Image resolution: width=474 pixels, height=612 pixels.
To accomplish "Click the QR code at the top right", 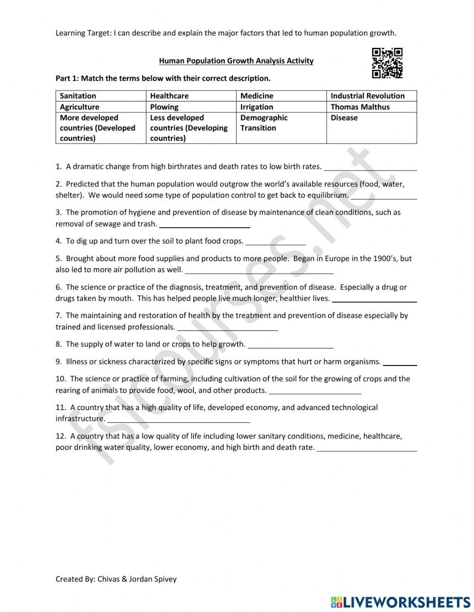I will tap(387, 63).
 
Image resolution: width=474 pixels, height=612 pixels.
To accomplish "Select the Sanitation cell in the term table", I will tap(100, 96).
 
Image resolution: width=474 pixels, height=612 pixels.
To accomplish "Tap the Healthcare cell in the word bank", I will tap(191, 96).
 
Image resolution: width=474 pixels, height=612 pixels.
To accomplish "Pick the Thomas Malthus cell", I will tap(371, 107).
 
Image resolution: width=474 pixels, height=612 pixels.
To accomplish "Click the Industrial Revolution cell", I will tap(371, 96).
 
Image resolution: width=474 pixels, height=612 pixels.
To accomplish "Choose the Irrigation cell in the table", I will tap(281, 107).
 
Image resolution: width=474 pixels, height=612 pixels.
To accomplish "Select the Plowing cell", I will tap(191, 107).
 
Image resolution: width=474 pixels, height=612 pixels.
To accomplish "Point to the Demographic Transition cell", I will tap(281, 128).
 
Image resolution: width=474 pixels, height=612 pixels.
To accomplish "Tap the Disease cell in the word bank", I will tap(371, 128).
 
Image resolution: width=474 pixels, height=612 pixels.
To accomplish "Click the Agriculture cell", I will tap(100, 107).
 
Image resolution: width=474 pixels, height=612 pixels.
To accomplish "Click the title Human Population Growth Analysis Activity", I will tap(236, 61).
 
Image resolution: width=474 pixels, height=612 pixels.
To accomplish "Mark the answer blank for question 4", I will tap(275, 243).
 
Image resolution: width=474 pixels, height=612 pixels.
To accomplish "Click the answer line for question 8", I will tap(291, 346).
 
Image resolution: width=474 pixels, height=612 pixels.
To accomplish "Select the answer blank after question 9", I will tap(400, 364).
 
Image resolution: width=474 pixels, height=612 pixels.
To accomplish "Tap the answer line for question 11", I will tap(179, 420).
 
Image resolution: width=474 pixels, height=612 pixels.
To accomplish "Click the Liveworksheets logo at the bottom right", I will tap(400, 602).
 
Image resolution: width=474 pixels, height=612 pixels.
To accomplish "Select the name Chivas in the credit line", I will tap(109, 579).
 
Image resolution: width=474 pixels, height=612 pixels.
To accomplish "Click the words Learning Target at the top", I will tap(83, 33).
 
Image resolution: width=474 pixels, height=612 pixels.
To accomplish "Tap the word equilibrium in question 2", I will tap(328, 195).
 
